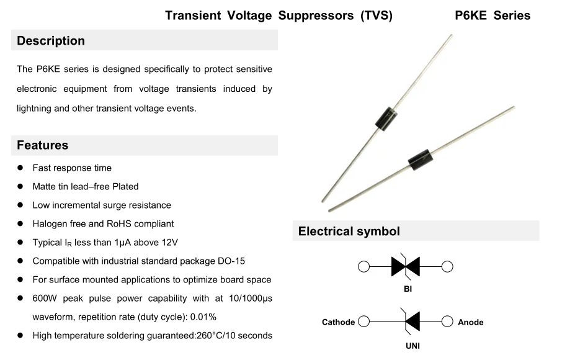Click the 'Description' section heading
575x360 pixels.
click(x=51, y=41)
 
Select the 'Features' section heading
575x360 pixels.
click(x=42, y=145)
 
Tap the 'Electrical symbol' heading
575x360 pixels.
click(x=349, y=232)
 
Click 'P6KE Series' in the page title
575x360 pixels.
click(x=493, y=16)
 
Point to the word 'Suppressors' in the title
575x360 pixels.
click(x=316, y=16)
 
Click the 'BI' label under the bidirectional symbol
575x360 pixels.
click(x=407, y=289)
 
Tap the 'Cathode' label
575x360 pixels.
click(x=338, y=322)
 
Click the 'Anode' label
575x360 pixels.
click(x=470, y=322)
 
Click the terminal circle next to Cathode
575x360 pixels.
click(x=364, y=322)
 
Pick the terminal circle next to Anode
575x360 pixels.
click(x=447, y=322)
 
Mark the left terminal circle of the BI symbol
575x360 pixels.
click(x=364, y=267)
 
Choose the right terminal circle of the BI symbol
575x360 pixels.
click(x=447, y=267)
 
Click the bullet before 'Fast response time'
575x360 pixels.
click(x=20, y=168)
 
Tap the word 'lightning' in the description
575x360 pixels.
click(x=33, y=108)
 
